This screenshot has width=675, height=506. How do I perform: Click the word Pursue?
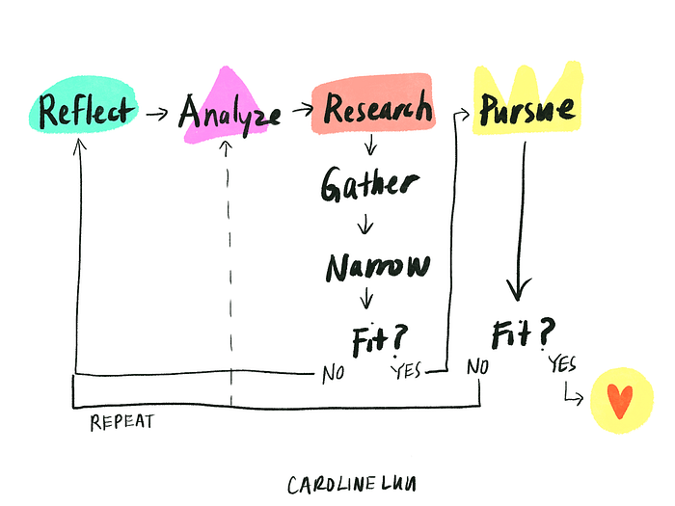tap(527, 112)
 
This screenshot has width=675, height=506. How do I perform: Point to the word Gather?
tap(370, 184)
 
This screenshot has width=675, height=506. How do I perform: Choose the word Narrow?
tap(377, 266)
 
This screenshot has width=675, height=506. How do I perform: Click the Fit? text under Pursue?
tap(524, 333)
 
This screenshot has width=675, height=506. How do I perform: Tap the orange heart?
tap(618, 399)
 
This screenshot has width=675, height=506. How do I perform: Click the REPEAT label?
tap(122, 422)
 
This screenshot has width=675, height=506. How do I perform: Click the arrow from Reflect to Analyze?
tap(155, 115)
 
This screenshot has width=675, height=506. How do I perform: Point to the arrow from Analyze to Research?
tap(296, 114)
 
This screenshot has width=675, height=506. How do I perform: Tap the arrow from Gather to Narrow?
tap(366, 226)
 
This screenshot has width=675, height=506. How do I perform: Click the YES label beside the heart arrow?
tap(563, 363)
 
